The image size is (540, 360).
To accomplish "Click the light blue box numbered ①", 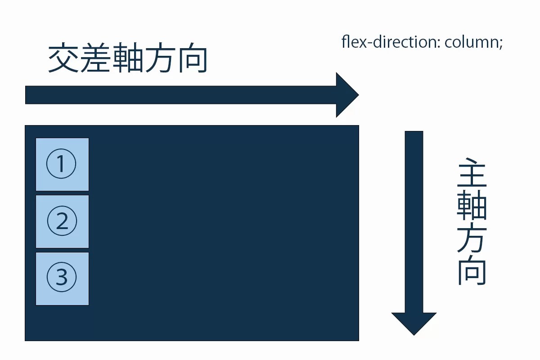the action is (62, 164).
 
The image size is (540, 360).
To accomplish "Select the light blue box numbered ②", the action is (62, 221).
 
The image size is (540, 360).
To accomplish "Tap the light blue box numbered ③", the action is (62, 279).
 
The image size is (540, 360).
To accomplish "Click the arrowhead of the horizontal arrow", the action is (347, 95).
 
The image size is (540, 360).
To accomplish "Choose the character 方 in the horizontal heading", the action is (160, 58).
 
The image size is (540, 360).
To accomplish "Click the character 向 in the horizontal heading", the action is (192, 58).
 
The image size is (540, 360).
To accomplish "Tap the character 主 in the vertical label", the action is (472, 173).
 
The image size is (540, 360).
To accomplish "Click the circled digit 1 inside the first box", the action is (62, 164).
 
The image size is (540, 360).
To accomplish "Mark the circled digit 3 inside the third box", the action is (62, 278).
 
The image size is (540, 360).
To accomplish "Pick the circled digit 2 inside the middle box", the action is (62, 221).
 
